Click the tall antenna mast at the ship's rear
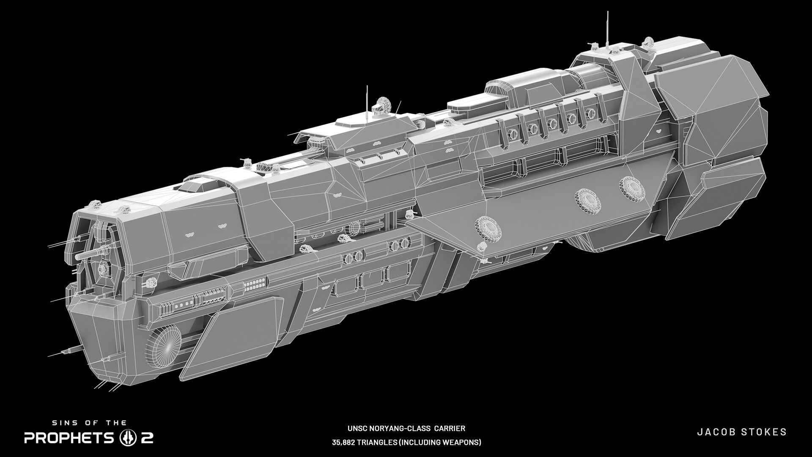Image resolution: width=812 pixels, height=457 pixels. click(608, 30)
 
